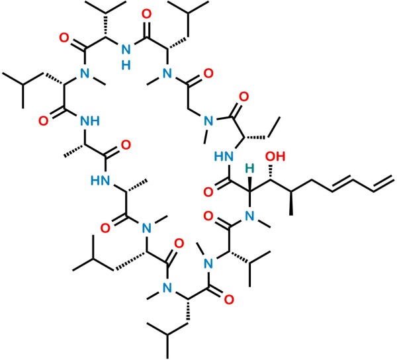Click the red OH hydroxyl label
(275, 157)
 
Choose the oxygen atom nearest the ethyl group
(243, 97)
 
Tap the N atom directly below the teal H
(249, 215)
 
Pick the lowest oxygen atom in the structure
(230, 300)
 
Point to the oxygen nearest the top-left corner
(64, 38)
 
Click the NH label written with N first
(91, 120)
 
